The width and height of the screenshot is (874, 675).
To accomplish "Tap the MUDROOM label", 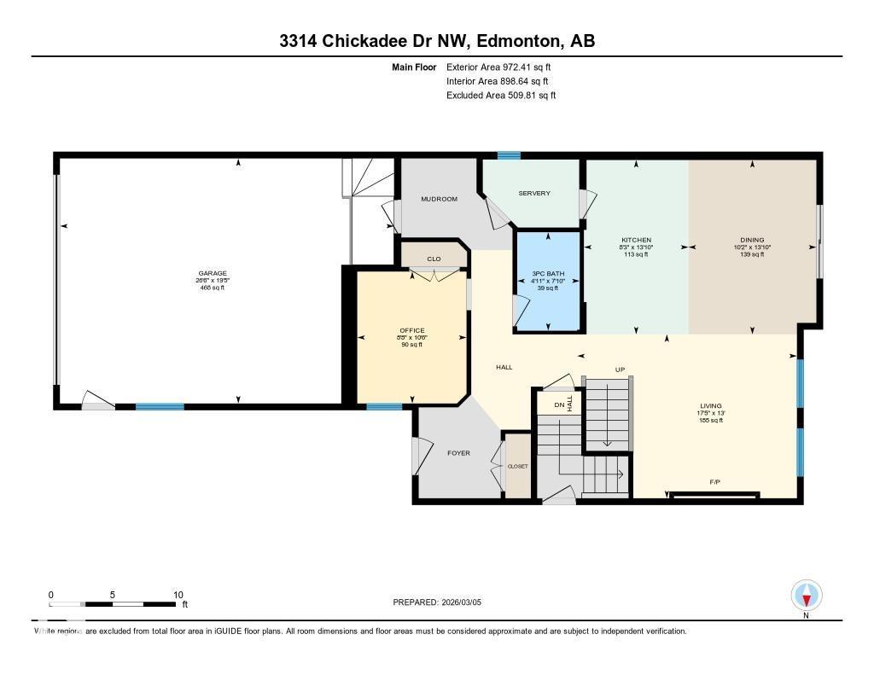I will point(440,199).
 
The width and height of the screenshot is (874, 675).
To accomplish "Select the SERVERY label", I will point(535,193).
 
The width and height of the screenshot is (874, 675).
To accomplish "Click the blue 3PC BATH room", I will point(548,281).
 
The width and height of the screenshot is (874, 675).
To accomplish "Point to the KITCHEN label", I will point(636,240).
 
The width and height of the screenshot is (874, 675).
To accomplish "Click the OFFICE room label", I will point(412,330).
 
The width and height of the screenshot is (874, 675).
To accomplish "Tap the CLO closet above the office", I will point(434,259).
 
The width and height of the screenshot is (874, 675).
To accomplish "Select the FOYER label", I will point(459,453).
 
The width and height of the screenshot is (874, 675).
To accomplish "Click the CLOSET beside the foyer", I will point(518,466).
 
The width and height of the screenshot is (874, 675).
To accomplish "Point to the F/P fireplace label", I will point(715,482).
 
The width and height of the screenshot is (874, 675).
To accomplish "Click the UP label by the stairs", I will point(621,370).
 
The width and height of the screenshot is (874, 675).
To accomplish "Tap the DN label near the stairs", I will point(559,404).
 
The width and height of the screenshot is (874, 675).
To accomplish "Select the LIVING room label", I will point(711,406).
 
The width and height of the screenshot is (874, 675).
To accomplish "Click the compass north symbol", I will point(807,595).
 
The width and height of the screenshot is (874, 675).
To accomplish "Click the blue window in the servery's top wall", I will point(510,155).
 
